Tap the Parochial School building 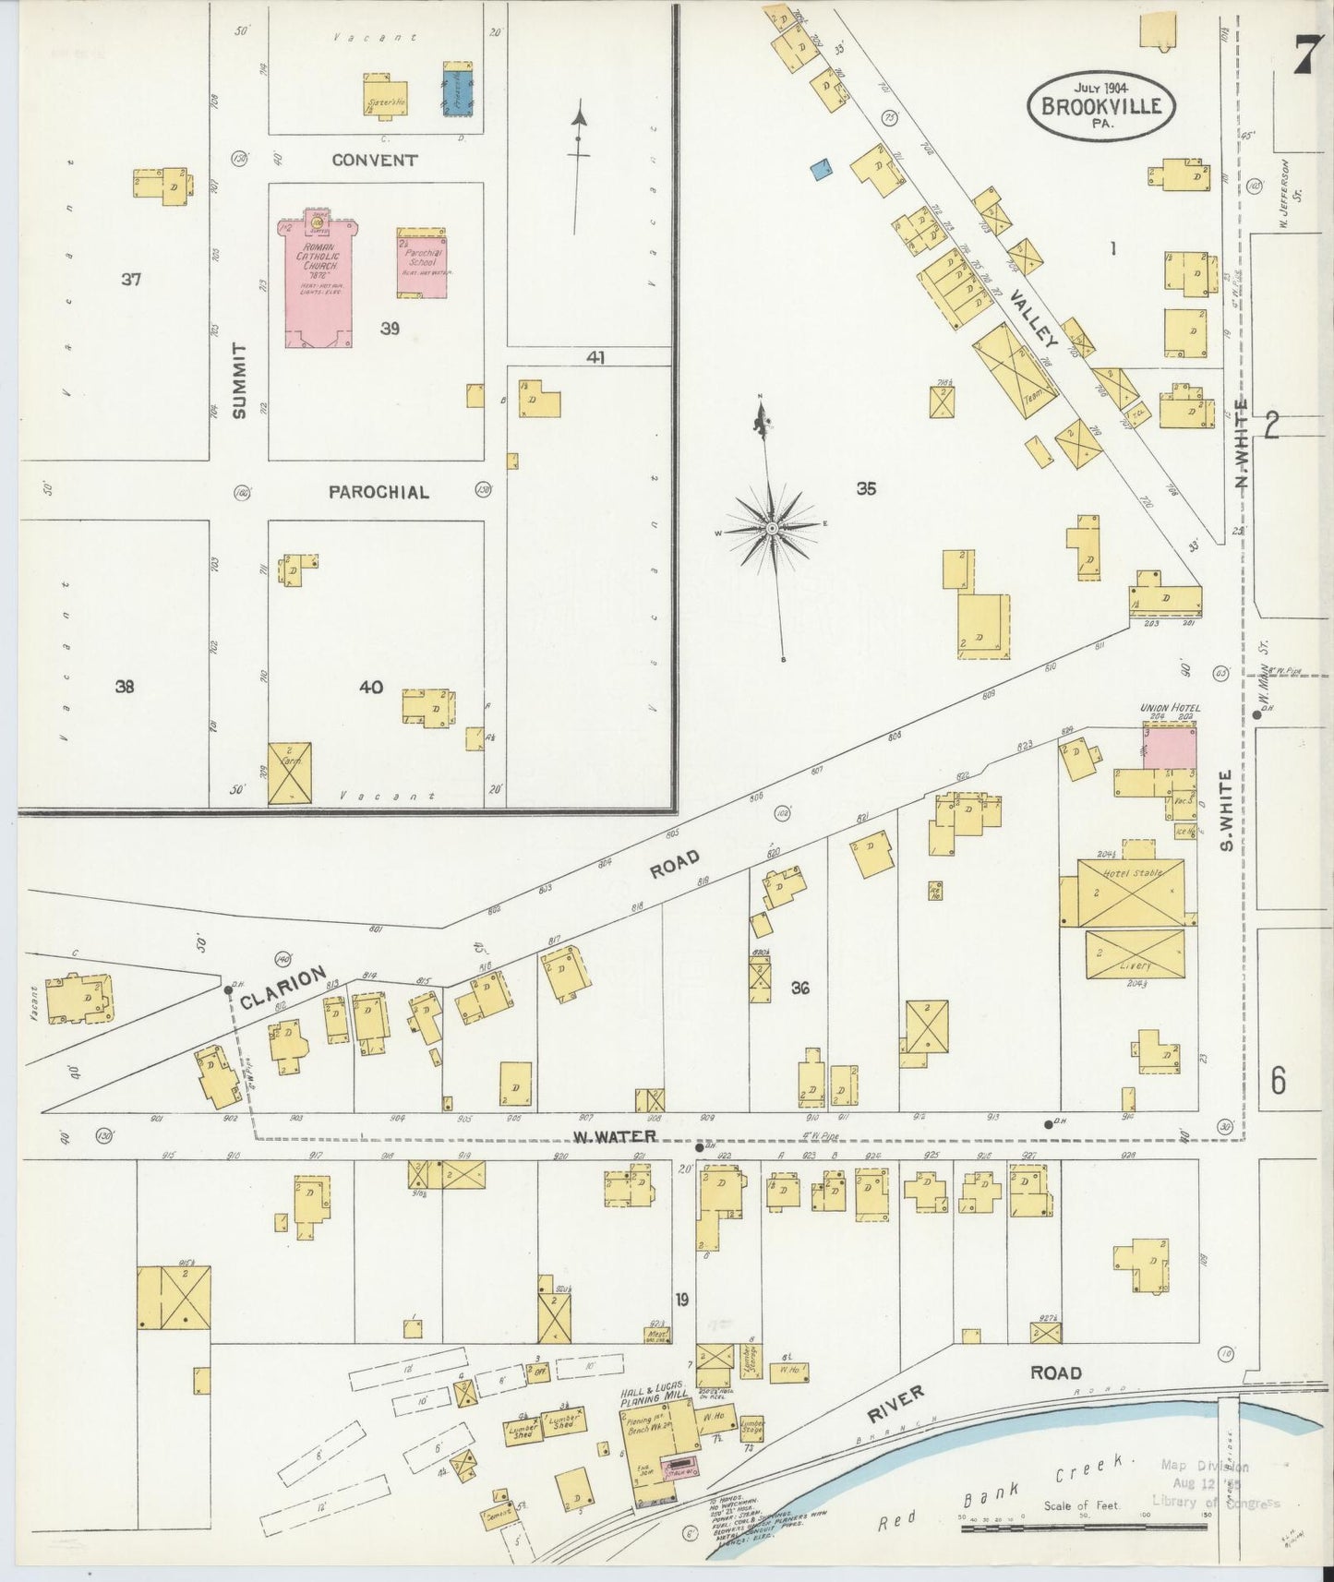point(423,264)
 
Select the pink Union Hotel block point(1170,748)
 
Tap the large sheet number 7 point(1303,58)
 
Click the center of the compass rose point(772,528)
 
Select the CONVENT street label point(374,160)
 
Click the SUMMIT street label point(241,380)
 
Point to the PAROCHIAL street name point(379,492)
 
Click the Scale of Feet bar point(1084,1528)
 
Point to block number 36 point(799,988)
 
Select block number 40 point(371,687)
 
